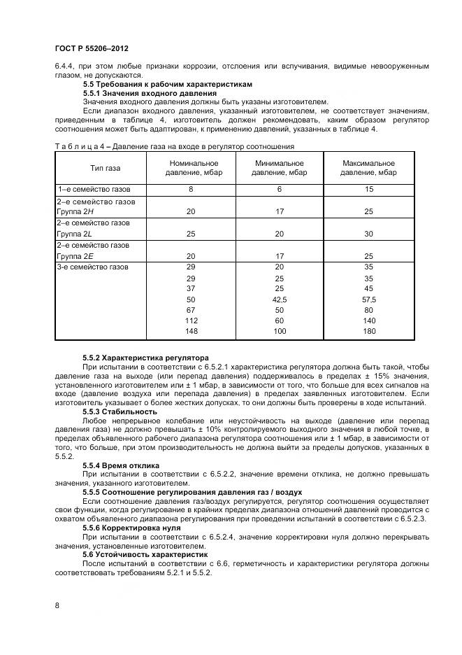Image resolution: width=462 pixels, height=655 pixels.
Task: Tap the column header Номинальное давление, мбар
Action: coord(191,167)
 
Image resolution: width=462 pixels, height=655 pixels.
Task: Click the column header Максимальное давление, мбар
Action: coord(368,167)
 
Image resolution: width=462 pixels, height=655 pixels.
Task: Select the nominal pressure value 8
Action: coord(191,190)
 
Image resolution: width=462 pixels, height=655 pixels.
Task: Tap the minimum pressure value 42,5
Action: coord(280,299)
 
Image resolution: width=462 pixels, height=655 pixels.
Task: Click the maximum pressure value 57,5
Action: coord(368,299)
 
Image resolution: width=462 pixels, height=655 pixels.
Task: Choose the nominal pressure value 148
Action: coord(191,330)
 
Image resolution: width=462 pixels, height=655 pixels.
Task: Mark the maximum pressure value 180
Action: coord(368,330)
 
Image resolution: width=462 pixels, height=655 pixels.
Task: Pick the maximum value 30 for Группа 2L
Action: coord(368,234)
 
